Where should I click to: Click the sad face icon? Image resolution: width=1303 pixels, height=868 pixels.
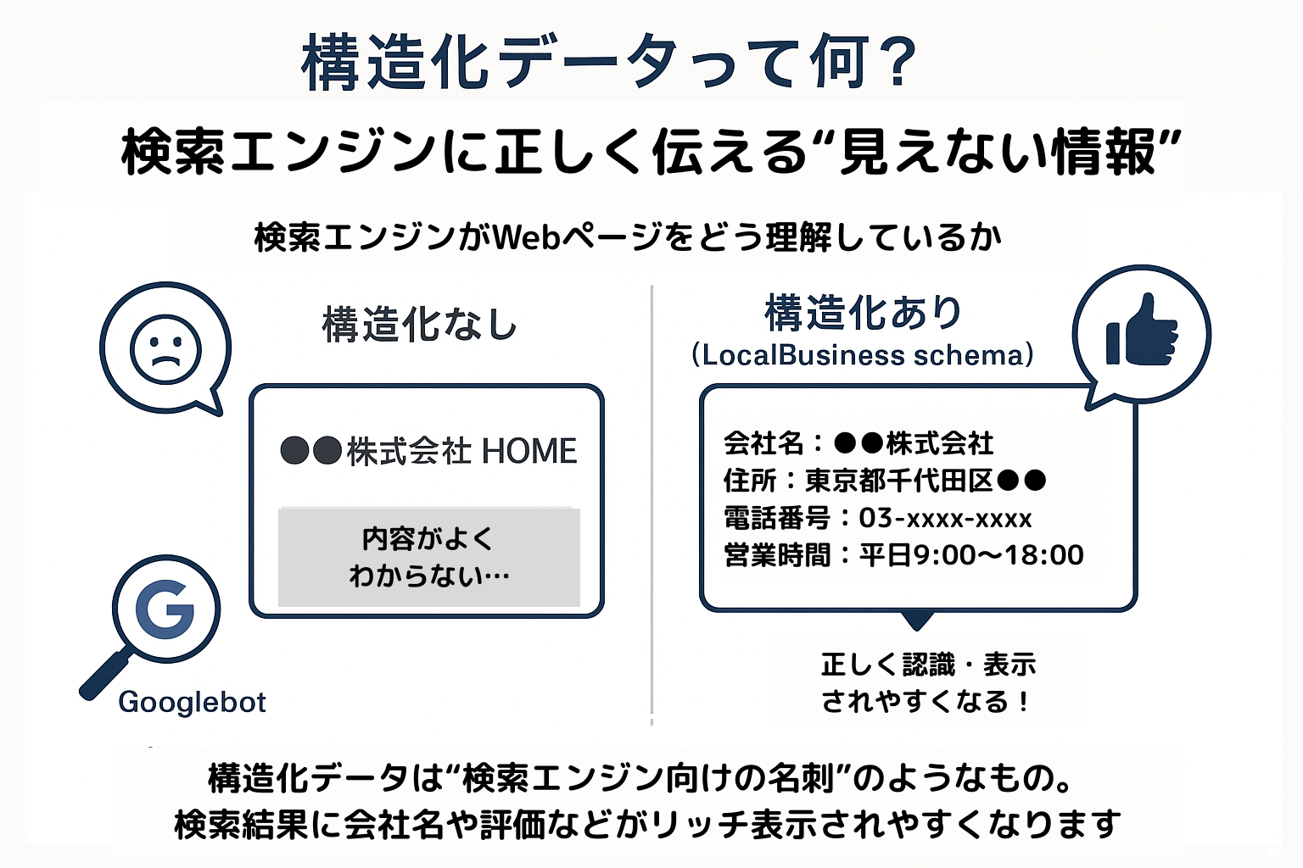[165, 350]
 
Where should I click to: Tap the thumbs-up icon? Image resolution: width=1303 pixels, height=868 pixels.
[1142, 331]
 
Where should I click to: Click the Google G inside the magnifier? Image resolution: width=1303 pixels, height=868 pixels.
[165, 609]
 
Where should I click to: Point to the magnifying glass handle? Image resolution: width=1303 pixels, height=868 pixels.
[104, 676]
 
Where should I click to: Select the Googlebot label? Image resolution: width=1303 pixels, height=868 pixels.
[192, 702]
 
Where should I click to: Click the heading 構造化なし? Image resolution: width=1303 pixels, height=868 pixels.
[419, 325]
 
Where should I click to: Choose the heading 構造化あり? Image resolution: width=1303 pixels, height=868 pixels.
[863, 313]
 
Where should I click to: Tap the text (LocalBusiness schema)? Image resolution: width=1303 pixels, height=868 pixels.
[863, 354]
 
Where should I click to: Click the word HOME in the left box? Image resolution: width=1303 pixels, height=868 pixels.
[529, 451]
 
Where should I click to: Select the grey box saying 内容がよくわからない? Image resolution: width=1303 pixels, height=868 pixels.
[429, 557]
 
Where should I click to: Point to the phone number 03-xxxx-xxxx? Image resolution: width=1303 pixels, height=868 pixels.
[945, 517]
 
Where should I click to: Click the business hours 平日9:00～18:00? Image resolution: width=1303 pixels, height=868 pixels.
[971, 554]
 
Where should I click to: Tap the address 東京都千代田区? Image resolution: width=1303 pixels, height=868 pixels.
[898, 481]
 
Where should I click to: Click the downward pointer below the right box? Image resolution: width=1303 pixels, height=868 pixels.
[917, 620]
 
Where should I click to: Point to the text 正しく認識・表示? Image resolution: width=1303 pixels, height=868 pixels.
[928, 665]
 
